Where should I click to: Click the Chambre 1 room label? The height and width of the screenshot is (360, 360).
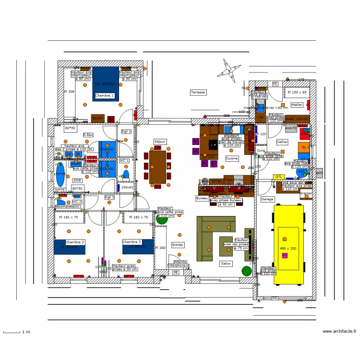click(104, 96)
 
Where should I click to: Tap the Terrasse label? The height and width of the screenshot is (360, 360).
click(198, 92)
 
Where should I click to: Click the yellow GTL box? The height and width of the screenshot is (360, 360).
click(278, 177)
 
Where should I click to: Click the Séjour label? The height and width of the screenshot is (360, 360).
click(160, 142)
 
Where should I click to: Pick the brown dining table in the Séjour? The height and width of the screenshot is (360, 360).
click(158, 167)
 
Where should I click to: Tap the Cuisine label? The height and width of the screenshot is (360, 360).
click(232, 158)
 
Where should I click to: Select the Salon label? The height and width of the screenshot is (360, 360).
click(226, 264)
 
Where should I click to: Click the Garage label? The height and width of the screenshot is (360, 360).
click(267, 199)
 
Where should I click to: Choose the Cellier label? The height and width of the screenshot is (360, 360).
click(282, 142)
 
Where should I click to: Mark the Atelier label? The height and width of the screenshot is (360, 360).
click(297, 105)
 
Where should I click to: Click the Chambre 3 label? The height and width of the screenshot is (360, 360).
click(132, 242)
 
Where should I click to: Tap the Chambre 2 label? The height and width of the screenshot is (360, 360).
click(75, 242)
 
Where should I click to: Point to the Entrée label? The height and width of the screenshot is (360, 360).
click(178, 245)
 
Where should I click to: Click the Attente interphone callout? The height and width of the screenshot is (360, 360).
click(180, 264)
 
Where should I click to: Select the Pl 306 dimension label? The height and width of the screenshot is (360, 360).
click(69, 91)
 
